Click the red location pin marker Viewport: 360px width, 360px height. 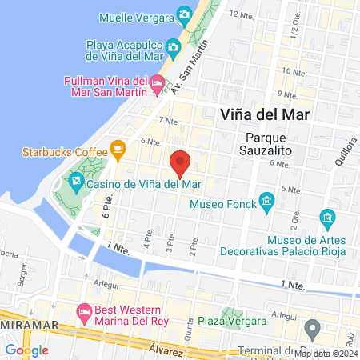(180, 162)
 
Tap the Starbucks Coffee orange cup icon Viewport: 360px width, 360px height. (118, 149)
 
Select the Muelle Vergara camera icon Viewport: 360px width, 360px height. (185, 15)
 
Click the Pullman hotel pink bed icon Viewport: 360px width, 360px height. (158, 82)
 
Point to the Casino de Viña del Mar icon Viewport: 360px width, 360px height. (75, 182)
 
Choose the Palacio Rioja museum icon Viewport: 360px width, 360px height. (326, 218)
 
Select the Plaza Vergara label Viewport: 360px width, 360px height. (256, 321)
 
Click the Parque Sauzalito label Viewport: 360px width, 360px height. (268, 142)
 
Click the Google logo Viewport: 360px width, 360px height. (26, 350)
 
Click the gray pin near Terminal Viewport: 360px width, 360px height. (314, 328)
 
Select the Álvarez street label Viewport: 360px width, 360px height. (168, 348)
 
